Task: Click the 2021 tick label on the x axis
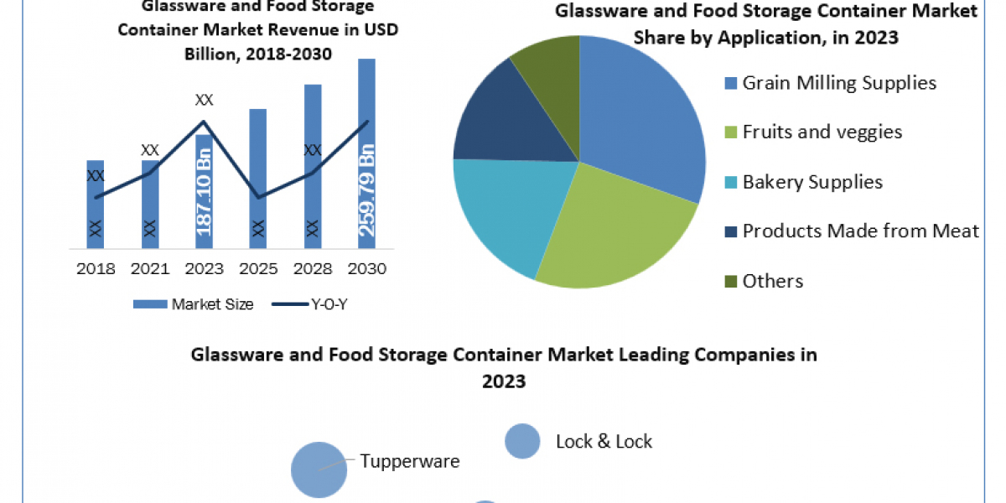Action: click(x=150, y=269)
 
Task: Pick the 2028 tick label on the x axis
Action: click(x=312, y=269)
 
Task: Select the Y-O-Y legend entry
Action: click(x=309, y=304)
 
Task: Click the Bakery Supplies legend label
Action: click(x=812, y=182)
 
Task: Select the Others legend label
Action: click(x=773, y=281)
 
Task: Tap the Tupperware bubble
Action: click(x=319, y=469)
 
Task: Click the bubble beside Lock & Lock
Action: click(x=522, y=441)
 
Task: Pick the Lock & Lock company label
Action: click(x=604, y=441)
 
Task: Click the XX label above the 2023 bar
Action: click(x=204, y=100)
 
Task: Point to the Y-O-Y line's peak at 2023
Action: click(x=204, y=122)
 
